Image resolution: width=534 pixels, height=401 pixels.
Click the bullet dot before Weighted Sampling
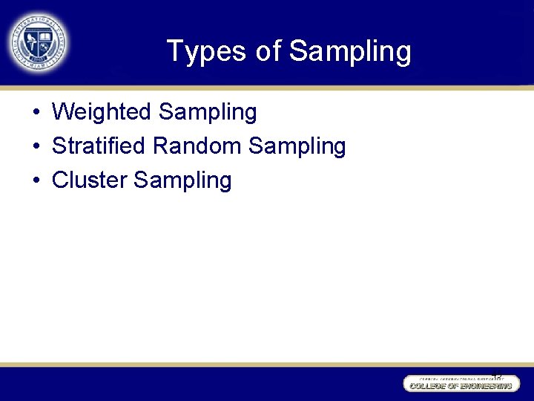point(36,113)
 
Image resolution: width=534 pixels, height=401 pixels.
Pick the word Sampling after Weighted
point(208,113)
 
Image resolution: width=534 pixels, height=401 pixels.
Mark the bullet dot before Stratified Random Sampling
point(36,147)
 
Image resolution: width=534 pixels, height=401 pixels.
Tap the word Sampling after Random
point(297,147)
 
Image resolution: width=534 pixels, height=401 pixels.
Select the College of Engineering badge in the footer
point(461,383)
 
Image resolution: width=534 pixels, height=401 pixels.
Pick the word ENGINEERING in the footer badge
point(485,386)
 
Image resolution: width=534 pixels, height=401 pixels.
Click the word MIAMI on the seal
point(37,65)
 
